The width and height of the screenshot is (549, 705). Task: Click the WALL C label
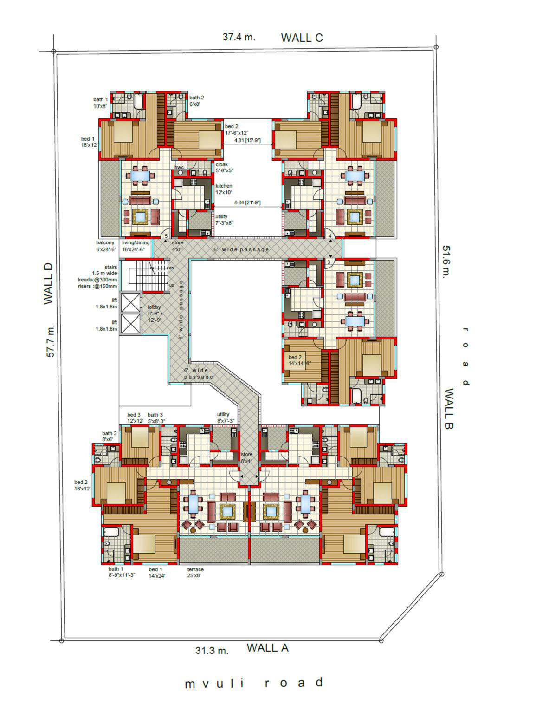click(302, 38)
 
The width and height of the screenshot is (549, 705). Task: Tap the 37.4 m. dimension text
click(239, 37)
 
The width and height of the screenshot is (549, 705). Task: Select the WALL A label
click(267, 647)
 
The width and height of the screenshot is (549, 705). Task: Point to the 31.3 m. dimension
click(212, 650)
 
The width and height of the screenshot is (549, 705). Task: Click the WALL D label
click(48, 284)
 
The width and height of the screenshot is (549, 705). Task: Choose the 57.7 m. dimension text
click(50, 340)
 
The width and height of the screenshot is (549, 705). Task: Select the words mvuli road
click(254, 682)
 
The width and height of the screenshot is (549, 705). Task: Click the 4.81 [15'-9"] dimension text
click(247, 141)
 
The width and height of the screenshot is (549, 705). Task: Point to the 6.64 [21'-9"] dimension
click(247, 203)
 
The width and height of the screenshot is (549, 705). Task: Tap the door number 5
click(166, 236)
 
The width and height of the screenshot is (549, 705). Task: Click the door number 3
click(329, 262)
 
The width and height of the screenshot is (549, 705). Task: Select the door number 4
click(330, 236)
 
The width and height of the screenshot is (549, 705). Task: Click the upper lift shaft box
click(130, 302)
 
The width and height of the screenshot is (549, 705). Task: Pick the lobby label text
click(154, 307)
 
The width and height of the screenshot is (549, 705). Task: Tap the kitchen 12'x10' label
click(224, 189)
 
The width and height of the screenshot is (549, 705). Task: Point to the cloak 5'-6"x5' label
click(224, 167)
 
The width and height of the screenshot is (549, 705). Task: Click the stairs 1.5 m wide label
click(104, 270)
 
